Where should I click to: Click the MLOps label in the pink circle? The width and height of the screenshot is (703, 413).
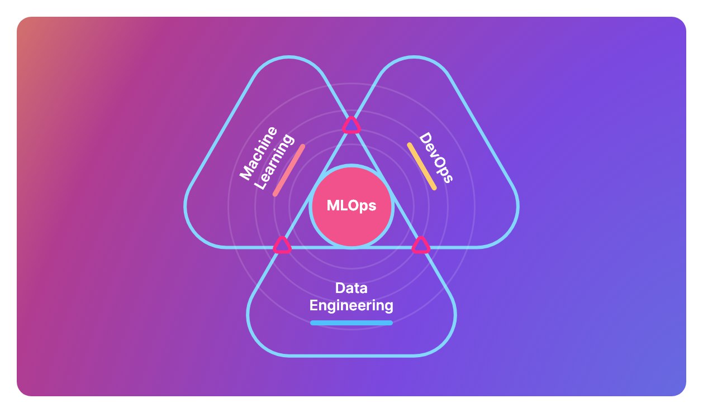(x=351, y=206)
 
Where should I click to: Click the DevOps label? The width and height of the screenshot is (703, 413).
(x=436, y=158)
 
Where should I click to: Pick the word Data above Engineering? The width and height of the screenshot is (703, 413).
(x=351, y=289)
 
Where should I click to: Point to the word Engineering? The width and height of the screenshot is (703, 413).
(x=351, y=306)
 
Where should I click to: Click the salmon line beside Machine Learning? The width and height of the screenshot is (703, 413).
(x=289, y=171)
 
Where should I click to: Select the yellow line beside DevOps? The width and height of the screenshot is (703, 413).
(x=422, y=166)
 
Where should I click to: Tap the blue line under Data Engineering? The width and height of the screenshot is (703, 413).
(x=351, y=323)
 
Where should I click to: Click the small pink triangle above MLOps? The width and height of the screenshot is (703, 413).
(x=351, y=125)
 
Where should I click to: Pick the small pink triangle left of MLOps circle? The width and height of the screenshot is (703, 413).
(x=282, y=245)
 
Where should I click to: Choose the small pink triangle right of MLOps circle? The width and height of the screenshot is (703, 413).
(x=421, y=245)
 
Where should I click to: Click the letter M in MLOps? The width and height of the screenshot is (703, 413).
(x=332, y=206)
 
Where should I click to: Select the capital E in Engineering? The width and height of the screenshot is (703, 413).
(x=314, y=306)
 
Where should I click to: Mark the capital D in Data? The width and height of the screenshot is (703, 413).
(x=340, y=289)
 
